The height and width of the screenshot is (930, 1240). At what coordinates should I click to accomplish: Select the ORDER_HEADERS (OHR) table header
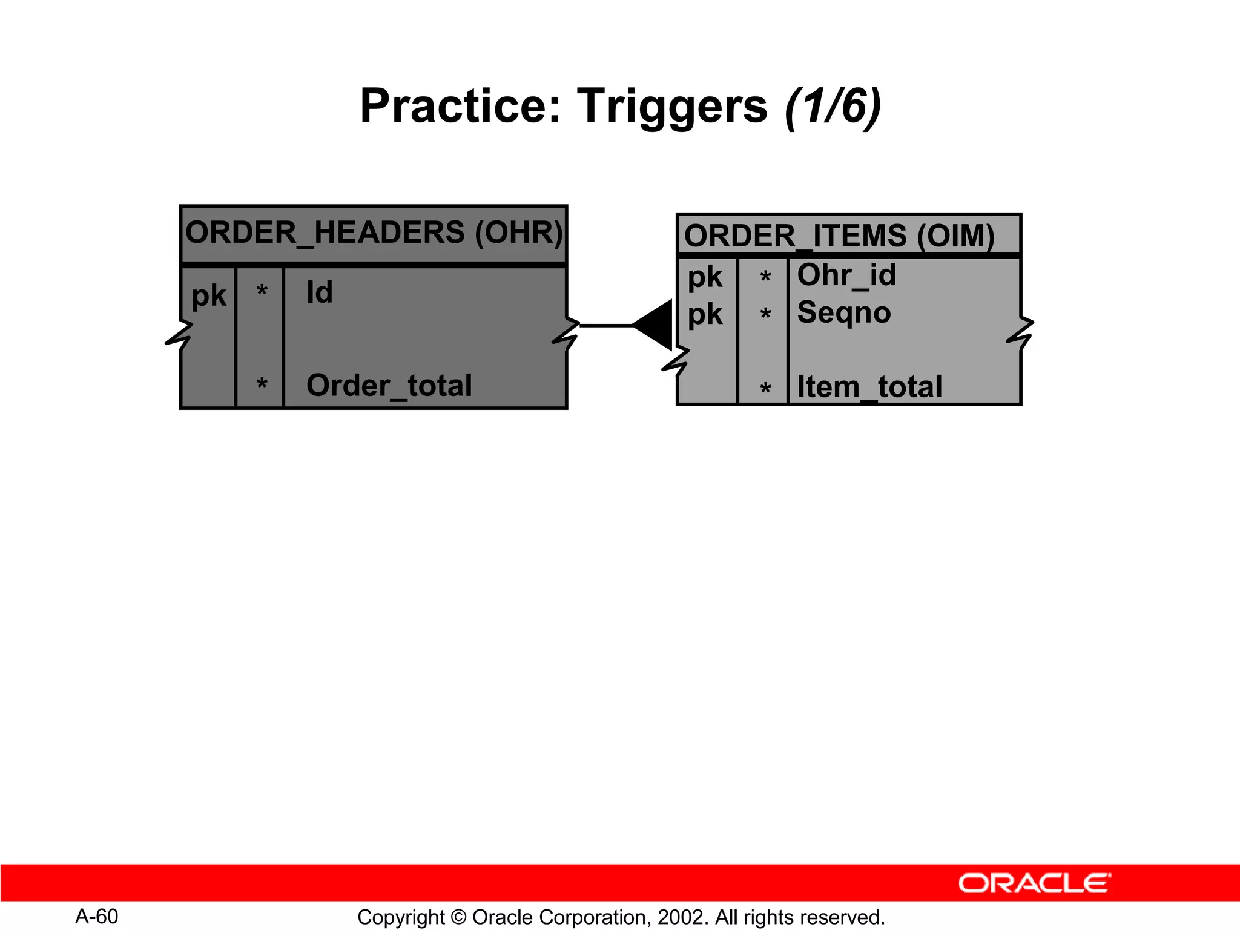374,233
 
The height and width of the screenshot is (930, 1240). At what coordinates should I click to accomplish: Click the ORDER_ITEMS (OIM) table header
839,236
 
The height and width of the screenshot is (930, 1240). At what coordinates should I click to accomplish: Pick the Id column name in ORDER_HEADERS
320,292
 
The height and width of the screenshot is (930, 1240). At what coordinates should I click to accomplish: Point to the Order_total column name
389,386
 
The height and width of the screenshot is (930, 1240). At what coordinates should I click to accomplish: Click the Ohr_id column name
846,275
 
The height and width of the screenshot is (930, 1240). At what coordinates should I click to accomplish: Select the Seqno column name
843,312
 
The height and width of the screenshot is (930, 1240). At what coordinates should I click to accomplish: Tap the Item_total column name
869,387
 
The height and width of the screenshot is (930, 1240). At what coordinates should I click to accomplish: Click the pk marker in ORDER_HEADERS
208,296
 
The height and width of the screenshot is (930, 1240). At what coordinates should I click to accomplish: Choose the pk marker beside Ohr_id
705,277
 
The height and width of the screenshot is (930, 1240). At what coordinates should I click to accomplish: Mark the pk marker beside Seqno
705,314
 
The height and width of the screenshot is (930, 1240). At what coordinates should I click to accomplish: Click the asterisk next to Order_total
262,384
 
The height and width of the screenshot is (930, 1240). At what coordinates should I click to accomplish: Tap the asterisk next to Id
262,291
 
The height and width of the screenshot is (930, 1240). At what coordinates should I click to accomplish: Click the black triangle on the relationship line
655,325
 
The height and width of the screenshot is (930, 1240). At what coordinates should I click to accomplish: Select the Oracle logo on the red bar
1034,883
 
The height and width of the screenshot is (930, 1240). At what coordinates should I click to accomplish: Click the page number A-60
97,917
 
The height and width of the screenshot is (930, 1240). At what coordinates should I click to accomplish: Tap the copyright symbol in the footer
458,918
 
